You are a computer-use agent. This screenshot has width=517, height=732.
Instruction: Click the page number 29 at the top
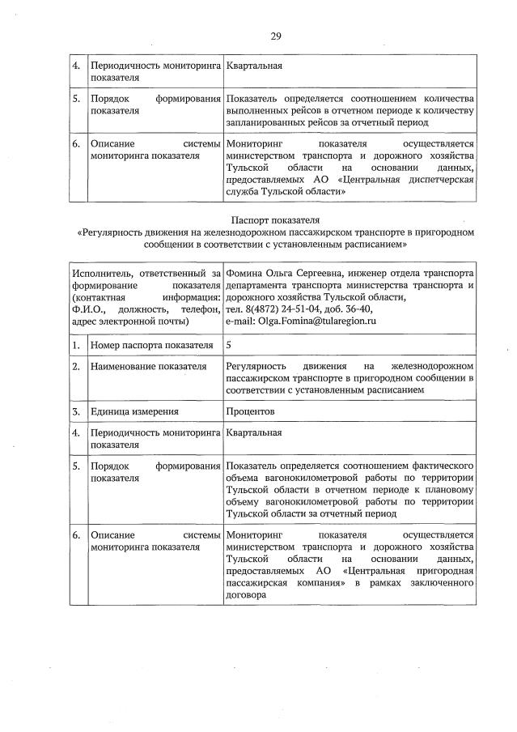pyautogui.click(x=275, y=36)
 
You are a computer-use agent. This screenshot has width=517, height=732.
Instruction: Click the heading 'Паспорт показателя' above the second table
pyautogui.click(x=275, y=219)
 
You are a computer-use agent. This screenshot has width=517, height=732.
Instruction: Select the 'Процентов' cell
pyautogui.click(x=251, y=411)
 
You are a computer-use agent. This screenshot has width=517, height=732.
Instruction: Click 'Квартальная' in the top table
pyautogui.click(x=254, y=66)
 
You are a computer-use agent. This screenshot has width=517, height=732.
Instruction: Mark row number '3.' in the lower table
pyautogui.click(x=75, y=411)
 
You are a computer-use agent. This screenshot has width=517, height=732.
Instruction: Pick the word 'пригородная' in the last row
pyautogui.click(x=440, y=570)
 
